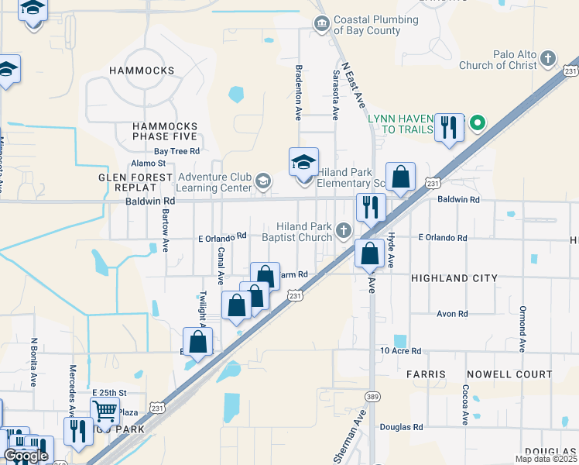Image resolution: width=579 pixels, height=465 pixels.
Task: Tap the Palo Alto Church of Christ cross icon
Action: coord(548,58)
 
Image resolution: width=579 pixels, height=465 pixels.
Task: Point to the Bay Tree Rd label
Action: coord(176,151)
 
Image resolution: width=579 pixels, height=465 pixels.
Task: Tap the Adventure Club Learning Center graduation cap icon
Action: coord(263,182)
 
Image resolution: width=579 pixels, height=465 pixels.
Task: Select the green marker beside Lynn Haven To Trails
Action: coord(478,122)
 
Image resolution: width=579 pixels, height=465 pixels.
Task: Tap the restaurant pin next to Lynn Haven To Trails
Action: coord(449,126)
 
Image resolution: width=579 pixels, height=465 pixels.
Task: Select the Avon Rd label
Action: coord(453,314)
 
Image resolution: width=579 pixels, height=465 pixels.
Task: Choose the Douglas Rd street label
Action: coord(402,427)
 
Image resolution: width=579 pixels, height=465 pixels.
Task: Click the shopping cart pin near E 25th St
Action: coord(104,410)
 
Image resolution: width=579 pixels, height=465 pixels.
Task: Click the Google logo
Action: coord(26,456)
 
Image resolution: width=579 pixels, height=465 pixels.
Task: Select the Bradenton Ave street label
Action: coord(298,92)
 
